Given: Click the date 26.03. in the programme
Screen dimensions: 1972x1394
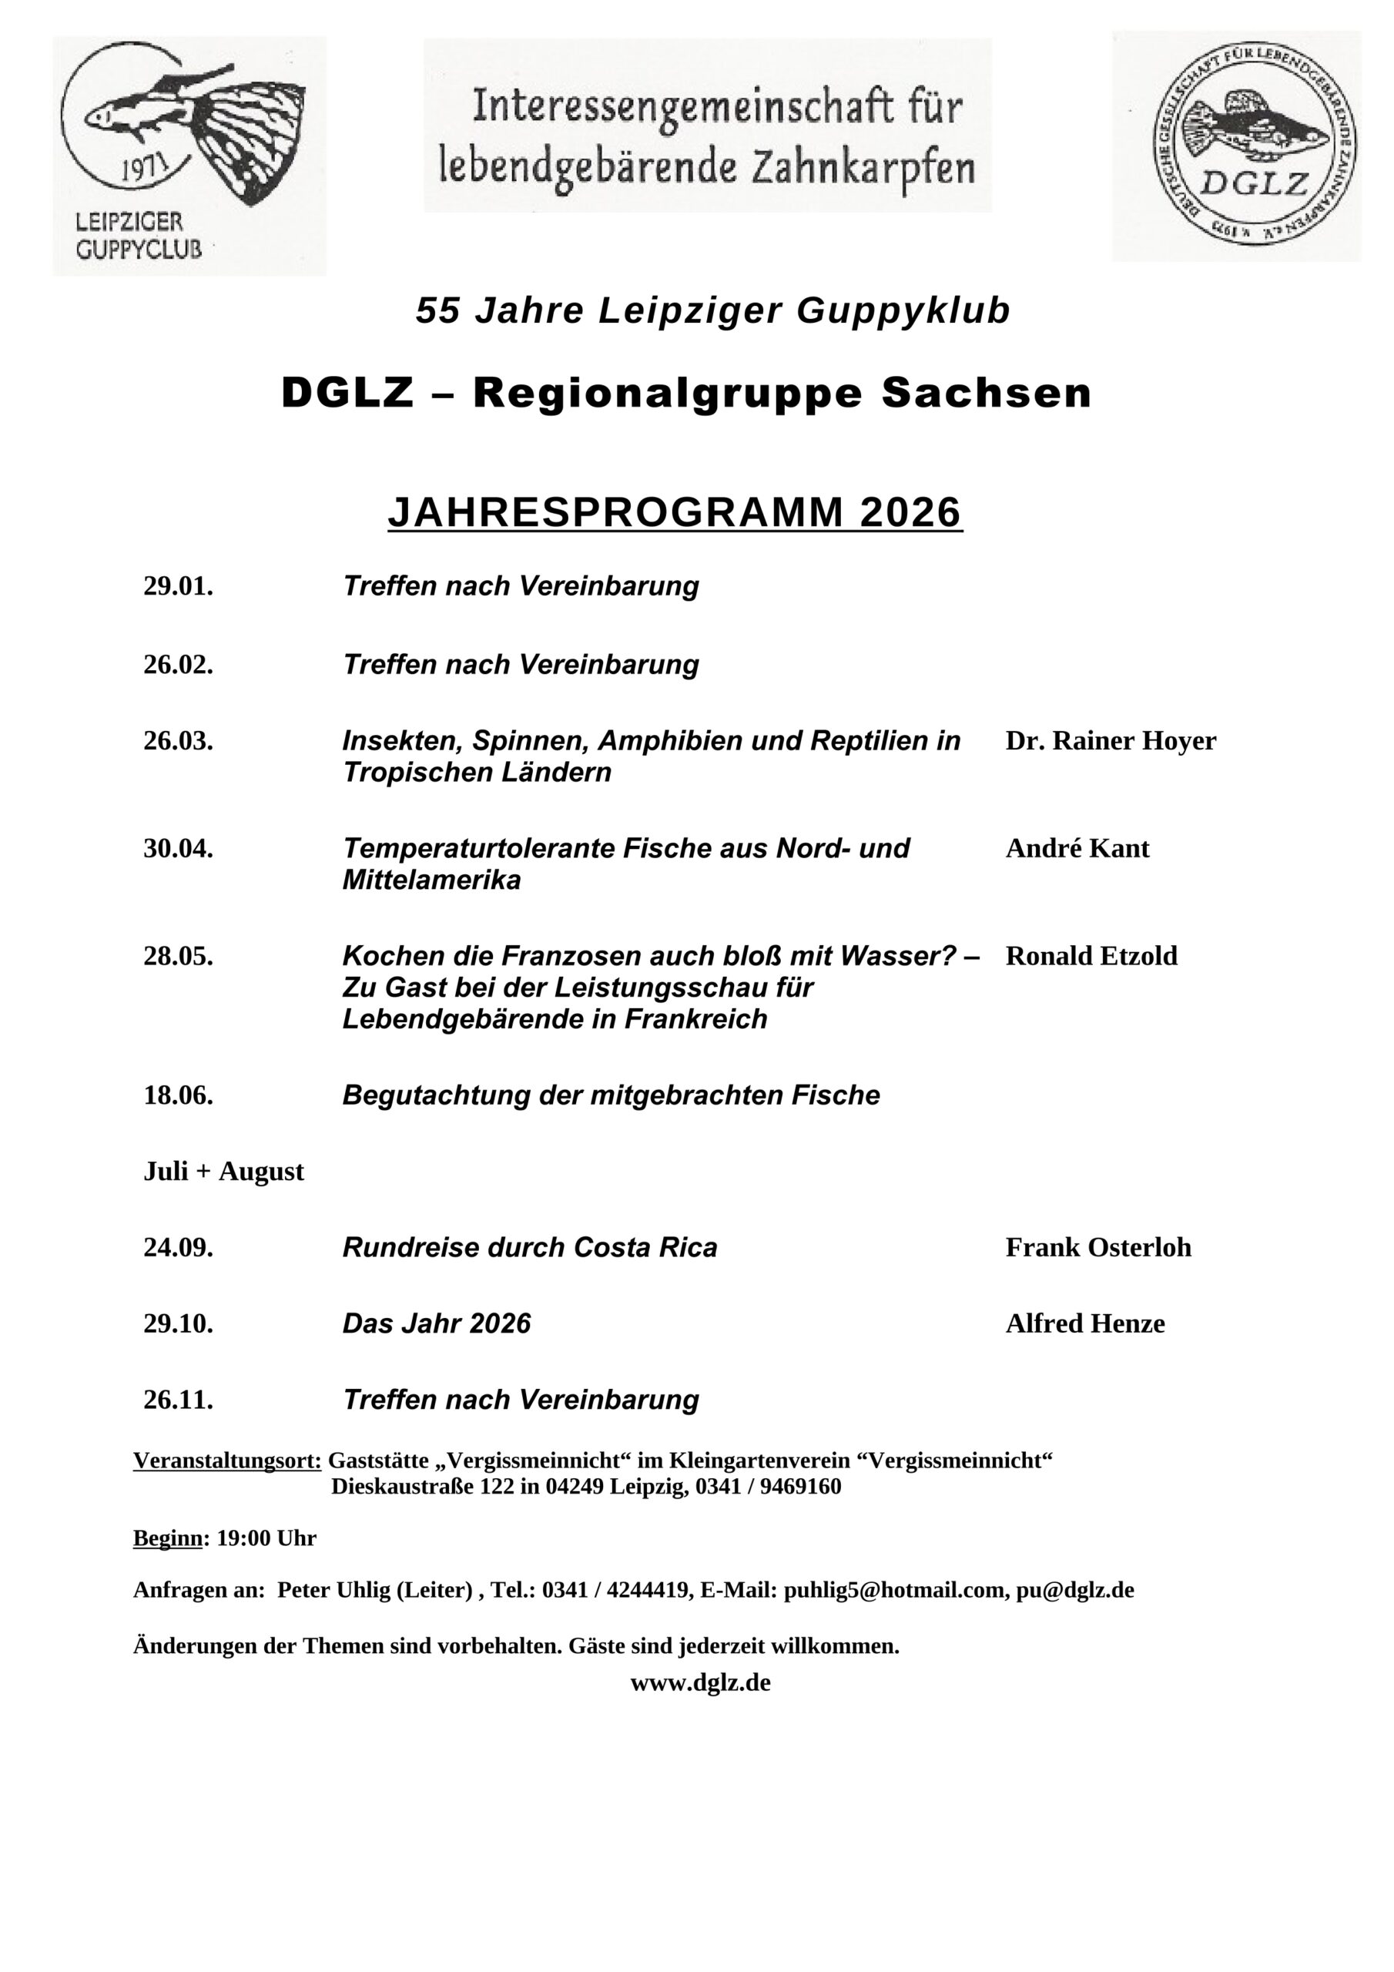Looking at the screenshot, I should click(x=178, y=740).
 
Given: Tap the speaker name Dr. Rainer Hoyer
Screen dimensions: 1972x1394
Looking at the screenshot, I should click(x=1110, y=740).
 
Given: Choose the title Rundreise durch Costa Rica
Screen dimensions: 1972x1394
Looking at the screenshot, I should click(x=529, y=1247).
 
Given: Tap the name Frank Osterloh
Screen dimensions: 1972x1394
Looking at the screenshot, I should click(x=1097, y=1247).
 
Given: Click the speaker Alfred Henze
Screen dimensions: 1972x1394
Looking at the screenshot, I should click(x=1085, y=1323).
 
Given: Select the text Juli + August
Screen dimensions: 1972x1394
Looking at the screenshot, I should click(x=223, y=1172).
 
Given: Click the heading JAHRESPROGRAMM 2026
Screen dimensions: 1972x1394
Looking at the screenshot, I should click(x=675, y=513).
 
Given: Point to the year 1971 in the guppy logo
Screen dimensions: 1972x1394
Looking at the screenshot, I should click(x=142, y=169).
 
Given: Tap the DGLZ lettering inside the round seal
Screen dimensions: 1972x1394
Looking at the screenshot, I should click(x=1253, y=183).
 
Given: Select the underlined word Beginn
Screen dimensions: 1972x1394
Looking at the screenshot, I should click(x=167, y=1538).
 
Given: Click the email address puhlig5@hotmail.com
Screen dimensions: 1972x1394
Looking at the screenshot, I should click(x=893, y=1590).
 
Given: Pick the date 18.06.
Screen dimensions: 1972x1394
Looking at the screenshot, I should click(x=178, y=1095).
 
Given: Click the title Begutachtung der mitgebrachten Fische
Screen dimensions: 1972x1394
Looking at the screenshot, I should click(x=611, y=1095).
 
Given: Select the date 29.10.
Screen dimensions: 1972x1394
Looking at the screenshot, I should click(x=178, y=1323).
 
